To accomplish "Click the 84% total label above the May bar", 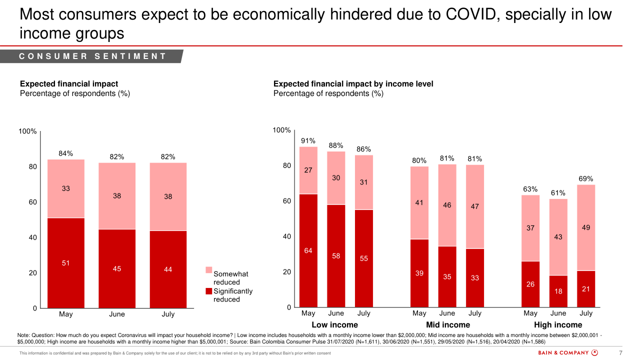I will click(x=66, y=153).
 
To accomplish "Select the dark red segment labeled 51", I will click(x=66, y=263).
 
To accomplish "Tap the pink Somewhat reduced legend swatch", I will click(x=209, y=270).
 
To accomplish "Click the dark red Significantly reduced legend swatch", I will click(x=209, y=291).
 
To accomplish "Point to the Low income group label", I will click(x=335, y=325).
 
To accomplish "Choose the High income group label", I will click(x=558, y=325).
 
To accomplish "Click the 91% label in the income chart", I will click(x=308, y=141).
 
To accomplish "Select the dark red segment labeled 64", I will click(x=308, y=250).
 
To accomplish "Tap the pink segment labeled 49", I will click(x=586, y=227).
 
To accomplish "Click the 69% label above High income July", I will click(x=586, y=178).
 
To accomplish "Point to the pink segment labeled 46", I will click(x=447, y=205).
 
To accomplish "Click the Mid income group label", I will click(x=448, y=325).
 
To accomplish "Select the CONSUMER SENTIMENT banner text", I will click(x=93, y=56).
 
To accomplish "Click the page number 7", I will click(x=620, y=353).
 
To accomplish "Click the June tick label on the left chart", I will click(x=117, y=314).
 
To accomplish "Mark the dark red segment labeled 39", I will click(x=419, y=273).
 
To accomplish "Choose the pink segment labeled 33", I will click(x=66, y=188).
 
